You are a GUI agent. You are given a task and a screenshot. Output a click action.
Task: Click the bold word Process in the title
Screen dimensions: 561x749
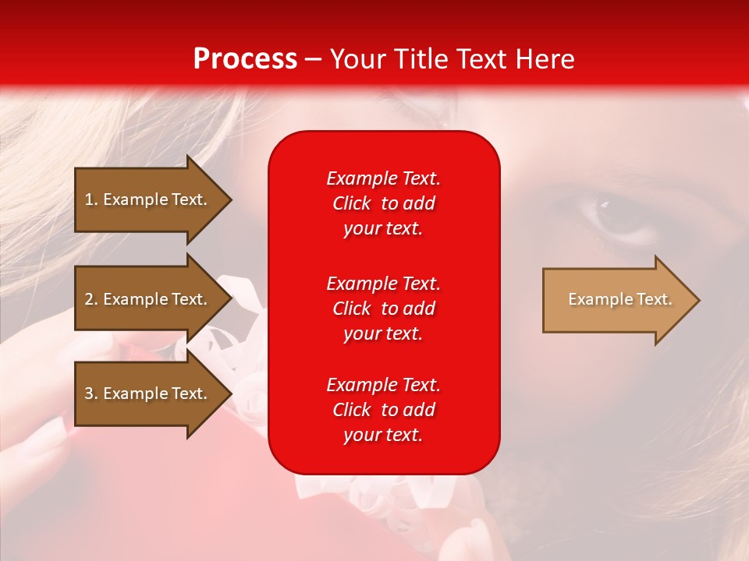(245, 59)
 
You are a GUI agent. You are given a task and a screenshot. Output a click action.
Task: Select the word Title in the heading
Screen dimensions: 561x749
(421, 59)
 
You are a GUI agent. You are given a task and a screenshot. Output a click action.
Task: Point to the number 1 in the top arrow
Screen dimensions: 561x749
(89, 199)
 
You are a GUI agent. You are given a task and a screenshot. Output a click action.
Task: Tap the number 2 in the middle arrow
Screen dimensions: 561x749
(89, 299)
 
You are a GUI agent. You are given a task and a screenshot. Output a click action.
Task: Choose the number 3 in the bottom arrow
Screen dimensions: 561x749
(89, 393)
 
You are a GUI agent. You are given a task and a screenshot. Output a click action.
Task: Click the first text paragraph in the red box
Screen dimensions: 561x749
(383, 203)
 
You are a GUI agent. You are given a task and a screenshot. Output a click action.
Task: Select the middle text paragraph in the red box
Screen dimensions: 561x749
(383, 309)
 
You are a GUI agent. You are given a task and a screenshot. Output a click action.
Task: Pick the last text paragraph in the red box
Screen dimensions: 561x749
(383, 410)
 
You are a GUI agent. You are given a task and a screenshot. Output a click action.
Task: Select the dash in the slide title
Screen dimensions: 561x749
(314, 60)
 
